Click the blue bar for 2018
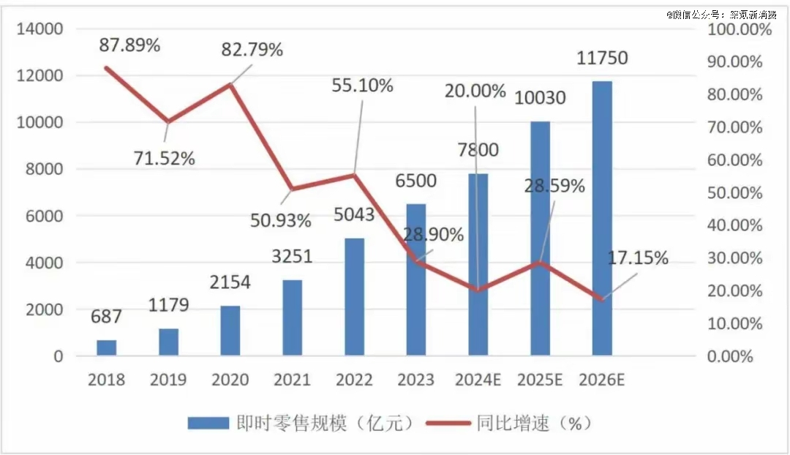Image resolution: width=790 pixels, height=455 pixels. click(x=106, y=348)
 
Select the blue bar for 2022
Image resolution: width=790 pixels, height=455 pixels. click(x=354, y=297)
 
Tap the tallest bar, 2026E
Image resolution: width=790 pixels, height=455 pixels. click(x=602, y=219)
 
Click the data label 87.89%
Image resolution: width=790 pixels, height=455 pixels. click(x=129, y=45)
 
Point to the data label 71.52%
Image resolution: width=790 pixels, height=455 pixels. click(x=164, y=158)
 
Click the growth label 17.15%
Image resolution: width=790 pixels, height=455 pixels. click(x=638, y=258)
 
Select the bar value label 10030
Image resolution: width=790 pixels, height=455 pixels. click(x=540, y=97)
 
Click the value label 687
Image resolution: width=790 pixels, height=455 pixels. click(x=106, y=317)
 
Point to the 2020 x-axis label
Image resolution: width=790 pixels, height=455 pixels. click(x=230, y=380)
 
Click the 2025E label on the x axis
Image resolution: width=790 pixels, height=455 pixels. click(x=540, y=380)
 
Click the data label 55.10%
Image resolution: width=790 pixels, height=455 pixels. click(x=362, y=85)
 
